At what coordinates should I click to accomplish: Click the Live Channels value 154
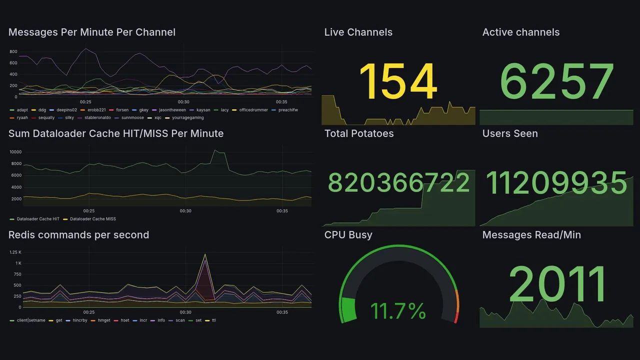398,81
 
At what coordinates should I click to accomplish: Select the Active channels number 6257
557,81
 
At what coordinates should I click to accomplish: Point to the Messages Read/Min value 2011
557,284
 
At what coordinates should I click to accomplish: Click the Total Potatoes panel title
359,133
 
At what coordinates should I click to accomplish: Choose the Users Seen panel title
510,133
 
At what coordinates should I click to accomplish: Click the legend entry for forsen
122,110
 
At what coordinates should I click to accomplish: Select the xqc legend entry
157,118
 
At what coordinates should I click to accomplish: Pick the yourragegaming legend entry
187,118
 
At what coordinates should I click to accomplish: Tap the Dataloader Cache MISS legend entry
92,219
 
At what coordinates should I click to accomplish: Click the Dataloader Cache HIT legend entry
38,219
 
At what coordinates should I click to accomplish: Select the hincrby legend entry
79,320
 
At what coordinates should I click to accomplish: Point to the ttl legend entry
214,320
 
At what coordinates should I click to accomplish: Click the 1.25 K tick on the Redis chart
15,252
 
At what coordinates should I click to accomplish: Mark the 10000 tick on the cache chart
15,152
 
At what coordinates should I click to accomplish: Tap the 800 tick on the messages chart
13,51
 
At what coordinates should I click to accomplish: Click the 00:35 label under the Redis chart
282,312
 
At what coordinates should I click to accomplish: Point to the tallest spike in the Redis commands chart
204,254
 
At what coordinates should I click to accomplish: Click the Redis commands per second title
78,235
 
